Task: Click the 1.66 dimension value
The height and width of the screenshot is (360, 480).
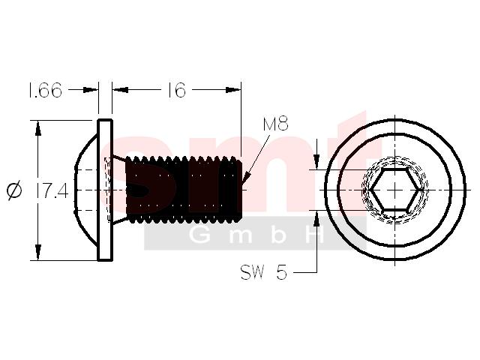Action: click(x=45, y=90)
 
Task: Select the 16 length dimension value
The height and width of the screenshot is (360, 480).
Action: click(x=177, y=90)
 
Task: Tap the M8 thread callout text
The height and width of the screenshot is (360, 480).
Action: click(x=275, y=124)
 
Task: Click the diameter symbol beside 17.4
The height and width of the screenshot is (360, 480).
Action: click(x=14, y=190)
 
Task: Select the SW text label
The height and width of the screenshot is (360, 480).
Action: click(x=252, y=271)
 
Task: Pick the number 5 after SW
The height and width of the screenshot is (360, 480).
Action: click(x=282, y=271)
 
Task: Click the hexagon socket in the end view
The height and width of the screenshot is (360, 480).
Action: click(x=395, y=190)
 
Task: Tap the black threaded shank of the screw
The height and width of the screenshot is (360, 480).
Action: click(x=184, y=190)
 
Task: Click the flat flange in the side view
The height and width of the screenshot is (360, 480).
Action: click(x=105, y=190)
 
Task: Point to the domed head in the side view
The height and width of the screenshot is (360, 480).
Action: click(x=86, y=190)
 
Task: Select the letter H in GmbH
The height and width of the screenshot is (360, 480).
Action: click(x=315, y=235)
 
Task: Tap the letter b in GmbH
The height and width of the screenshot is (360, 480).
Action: click(x=278, y=235)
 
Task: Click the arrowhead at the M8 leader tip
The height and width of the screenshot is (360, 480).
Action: click(x=246, y=178)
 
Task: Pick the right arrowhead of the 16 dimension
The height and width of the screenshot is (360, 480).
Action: click(x=233, y=90)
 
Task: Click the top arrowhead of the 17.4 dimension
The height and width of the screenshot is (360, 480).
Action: click(x=38, y=128)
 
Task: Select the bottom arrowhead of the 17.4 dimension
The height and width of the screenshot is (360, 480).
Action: click(x=38, y=253)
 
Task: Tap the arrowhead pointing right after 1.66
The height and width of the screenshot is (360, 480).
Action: click(x=91, y=90)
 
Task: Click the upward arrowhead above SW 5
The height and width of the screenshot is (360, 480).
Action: click(x=316, y=218)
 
